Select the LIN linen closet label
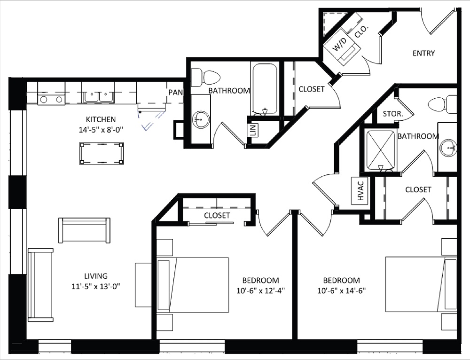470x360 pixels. click(x=253, y=130)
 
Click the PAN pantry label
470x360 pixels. click(x=175, y=92)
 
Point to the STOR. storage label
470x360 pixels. click(x=391, y=114)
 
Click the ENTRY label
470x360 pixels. click(x=423, y=53)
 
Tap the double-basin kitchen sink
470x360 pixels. click(x=98, y=96)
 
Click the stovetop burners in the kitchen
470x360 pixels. click(x=51, y=99)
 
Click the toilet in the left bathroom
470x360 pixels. click(x=207, y=77)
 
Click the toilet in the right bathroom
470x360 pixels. click(x=443, y=104)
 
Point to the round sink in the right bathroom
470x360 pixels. click(x=449, y=148)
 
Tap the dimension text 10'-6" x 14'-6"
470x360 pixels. click(x=341, y=290)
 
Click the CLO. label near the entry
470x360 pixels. click(x=361, y=31)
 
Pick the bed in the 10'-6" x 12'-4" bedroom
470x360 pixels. click(x=193, y=284)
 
